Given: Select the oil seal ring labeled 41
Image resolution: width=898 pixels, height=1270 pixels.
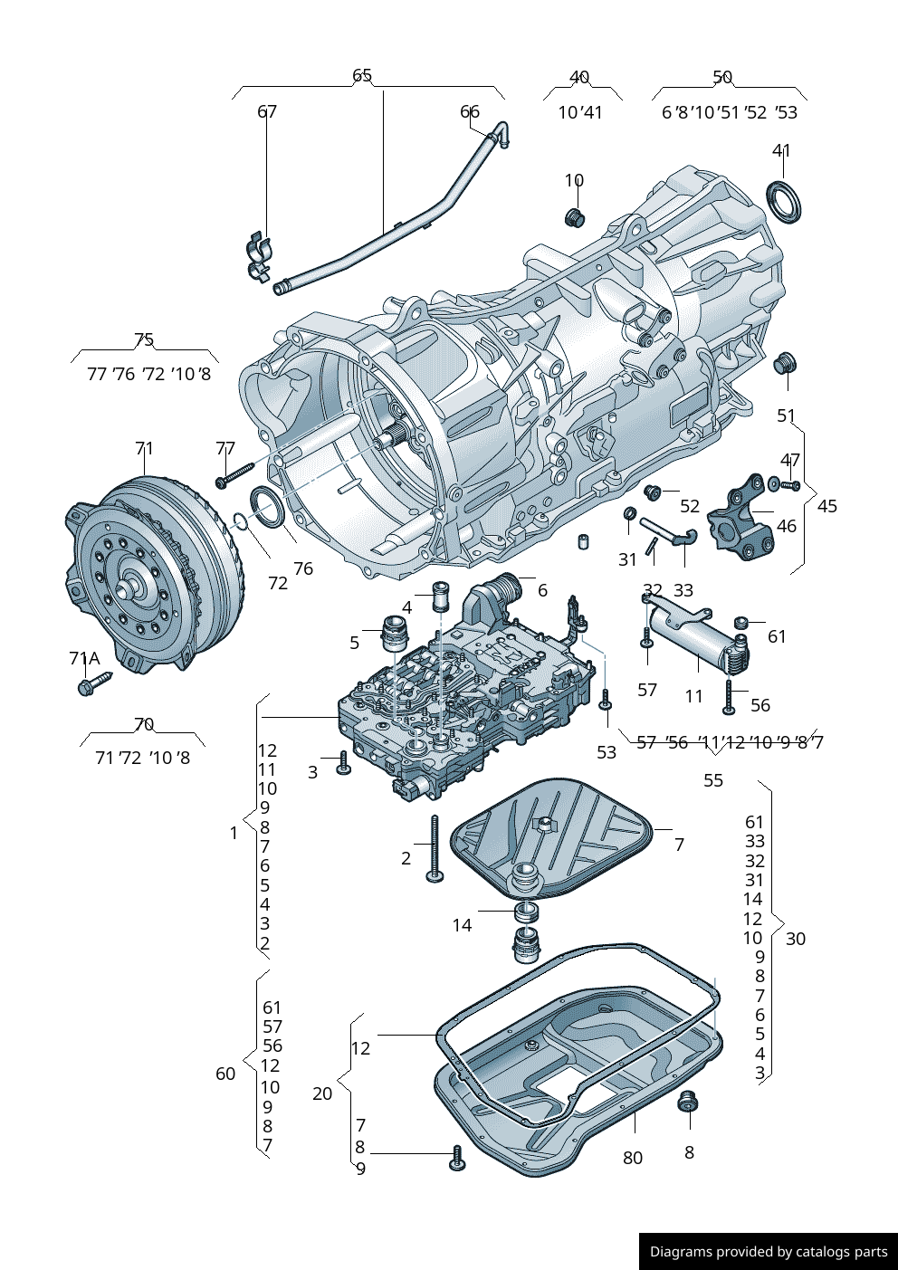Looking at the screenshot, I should [784, 202].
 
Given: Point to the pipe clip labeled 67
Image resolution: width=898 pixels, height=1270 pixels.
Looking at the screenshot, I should [260, 256].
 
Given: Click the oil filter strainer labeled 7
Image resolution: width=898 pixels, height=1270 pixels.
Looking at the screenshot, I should [552, 837].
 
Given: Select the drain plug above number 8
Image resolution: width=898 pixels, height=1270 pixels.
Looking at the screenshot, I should [689, 1103].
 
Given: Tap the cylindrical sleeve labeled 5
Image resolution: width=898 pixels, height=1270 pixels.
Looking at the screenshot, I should [394, 632].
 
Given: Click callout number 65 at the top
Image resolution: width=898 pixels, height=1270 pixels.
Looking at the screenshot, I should [362, 75].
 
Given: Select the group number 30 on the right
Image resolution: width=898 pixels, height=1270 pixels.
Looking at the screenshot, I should [795, 939].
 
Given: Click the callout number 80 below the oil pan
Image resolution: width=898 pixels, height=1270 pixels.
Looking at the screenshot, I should [633, 1158].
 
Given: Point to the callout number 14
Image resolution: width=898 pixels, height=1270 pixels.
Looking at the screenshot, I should [462, 925].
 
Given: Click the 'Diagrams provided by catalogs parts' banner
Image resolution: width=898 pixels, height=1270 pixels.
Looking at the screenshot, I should [768, 1251].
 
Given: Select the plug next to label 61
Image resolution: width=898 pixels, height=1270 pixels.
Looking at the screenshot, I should [740, 623].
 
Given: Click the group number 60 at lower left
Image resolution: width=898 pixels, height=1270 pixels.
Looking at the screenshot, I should [225, 1074].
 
